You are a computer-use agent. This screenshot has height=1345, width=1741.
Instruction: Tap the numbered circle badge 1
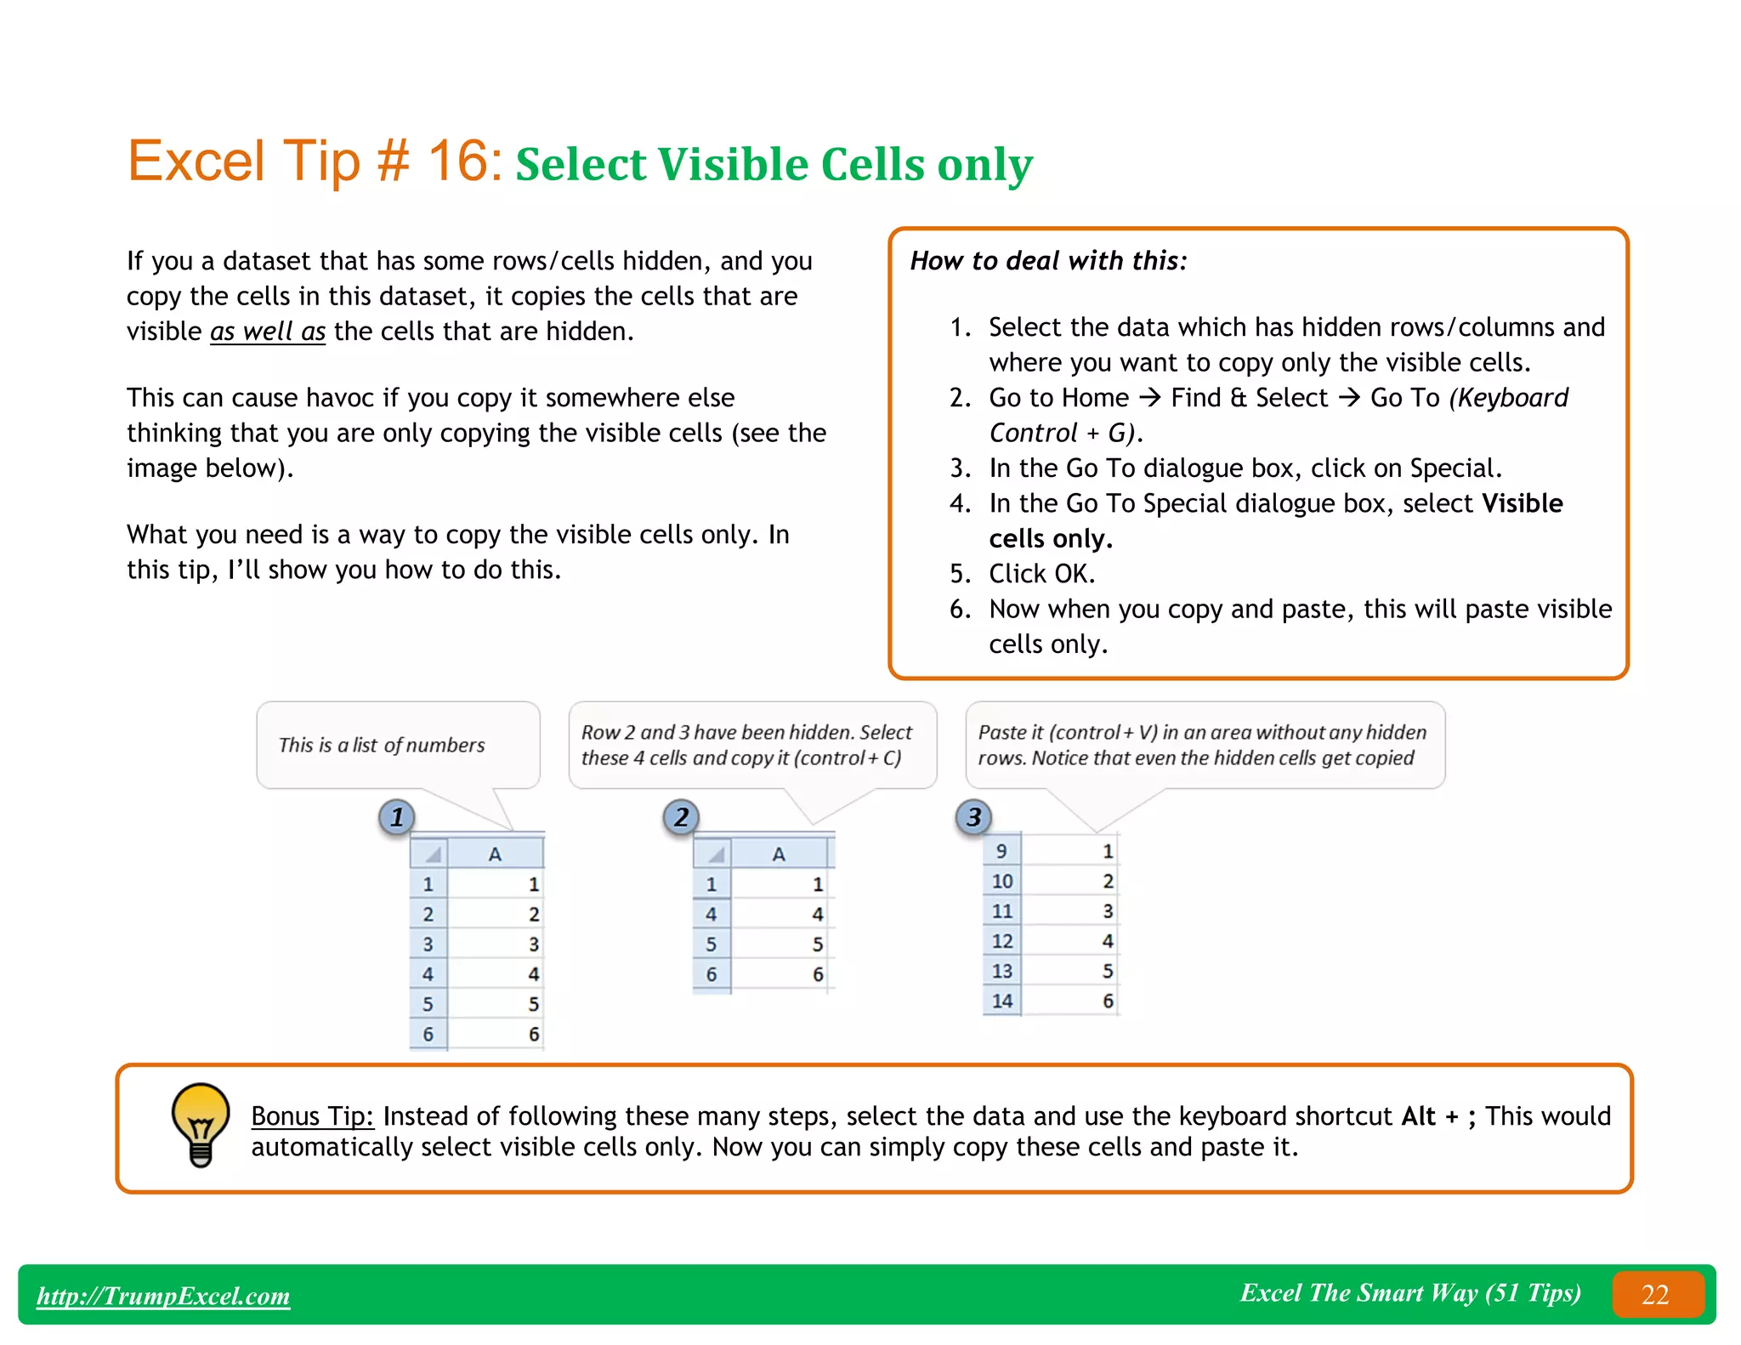(x=396, y=817)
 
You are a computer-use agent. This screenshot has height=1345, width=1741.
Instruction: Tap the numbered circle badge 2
(x=681, y=817)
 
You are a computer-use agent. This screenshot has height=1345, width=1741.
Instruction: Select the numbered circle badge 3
(x=974, y=817)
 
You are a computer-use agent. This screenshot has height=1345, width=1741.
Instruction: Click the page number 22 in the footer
(x=1655, y=1294)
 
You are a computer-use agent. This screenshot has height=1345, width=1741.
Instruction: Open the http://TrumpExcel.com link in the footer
(x=163, y=1296)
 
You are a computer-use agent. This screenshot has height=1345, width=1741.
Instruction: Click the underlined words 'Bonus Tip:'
(x=312, y=1115)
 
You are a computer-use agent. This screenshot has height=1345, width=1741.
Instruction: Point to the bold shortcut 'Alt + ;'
(x=1438, y=1115)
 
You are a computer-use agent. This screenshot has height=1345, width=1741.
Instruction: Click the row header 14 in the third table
(x=1002, y=1001)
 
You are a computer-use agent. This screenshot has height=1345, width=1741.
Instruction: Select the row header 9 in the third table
(x=1001, y=851)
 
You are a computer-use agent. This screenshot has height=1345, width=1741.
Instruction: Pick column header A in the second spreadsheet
(x=779, y=854)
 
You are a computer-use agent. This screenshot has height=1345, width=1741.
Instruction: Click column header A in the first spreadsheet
(x=495, y=854)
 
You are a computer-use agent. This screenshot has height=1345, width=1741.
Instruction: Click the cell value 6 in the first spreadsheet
(x=534, y=1034)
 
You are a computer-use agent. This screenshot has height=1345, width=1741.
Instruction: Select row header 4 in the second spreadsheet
(x=712, y=914)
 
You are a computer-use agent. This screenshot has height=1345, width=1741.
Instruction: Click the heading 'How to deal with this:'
(x=1048, y=260)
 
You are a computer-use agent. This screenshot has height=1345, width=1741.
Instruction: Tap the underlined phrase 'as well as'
(x=268, y=331)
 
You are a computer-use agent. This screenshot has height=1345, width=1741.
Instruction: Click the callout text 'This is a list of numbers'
(x=382, y=745)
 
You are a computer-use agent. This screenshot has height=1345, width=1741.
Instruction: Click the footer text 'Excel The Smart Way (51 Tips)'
(x=1410, y=1292)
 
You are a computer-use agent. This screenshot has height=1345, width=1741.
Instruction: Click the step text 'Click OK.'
(x=1041, y=574)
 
